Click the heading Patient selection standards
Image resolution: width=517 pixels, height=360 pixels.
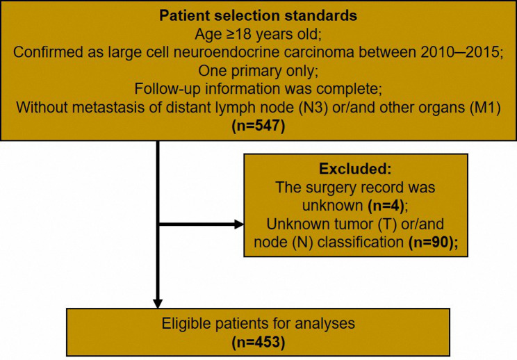(258, 15)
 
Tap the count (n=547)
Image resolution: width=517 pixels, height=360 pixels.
(258, 126)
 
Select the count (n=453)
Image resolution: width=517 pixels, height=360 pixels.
(258, 342)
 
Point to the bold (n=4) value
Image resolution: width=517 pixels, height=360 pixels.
(386, 206)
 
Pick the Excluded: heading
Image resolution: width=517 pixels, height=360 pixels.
(355, 169)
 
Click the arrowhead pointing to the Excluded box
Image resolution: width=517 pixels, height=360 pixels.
(239, 224)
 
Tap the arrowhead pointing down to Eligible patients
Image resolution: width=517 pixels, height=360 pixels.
(158, 303)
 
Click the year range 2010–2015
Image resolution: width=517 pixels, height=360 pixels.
(459, 52)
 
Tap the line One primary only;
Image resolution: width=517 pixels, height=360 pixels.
(258, 71)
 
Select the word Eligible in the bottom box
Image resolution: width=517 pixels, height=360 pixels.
(186, 323)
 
